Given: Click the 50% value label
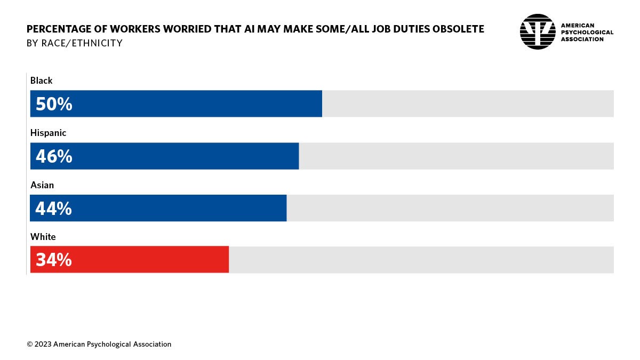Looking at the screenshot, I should tap(54, 104).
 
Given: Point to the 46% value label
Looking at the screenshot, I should tap(54, 156).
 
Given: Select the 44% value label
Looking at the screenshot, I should tap(54, 209).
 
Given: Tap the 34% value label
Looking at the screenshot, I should tap(54, 260).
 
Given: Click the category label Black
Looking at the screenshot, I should tap(42, 81).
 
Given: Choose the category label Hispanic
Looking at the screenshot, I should tap(49, 133).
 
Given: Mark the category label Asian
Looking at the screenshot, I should tap(42, 185).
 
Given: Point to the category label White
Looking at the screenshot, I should tap(43, 237).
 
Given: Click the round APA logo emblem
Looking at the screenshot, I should tap(538, 31).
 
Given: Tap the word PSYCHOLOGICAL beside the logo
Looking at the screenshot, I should tap(587, 32).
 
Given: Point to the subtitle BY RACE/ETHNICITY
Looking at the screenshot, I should tap(75, 43).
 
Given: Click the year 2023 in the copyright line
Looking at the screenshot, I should tap(43, 345).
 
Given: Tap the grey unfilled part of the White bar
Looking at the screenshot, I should tap(421, 260).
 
